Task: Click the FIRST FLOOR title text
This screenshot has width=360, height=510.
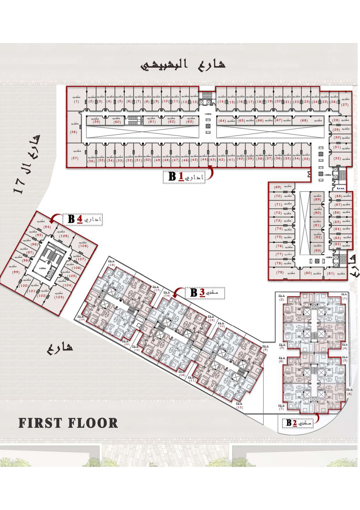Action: tap(68, 423)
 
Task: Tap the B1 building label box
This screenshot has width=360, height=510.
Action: tap(184, 177)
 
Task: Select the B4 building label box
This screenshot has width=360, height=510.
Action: tap(82, 219)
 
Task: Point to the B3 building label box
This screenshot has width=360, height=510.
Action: tap(206, 293)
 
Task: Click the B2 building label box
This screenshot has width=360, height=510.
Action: tap(298, 423)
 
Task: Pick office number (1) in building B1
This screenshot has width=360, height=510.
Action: tap(76, 102)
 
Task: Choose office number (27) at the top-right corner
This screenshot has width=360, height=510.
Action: tap(345, 105)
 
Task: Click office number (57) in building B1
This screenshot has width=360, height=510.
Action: tap(75, 158)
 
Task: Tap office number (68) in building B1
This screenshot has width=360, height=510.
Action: tap(304, 120)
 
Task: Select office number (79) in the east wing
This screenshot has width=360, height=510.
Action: tap(280, 273)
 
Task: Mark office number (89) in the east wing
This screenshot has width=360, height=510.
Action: tap(317, 199)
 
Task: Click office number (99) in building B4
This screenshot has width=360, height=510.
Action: tap(16, 272)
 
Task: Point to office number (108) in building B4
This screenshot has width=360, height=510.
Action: tap(83, 246)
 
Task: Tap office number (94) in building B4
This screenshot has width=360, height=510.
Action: tap(47, 227)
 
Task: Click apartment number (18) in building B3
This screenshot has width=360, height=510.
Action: tap(112, 265)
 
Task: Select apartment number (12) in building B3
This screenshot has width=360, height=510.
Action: tap(240, 407)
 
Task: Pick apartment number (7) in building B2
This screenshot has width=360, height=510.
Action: tap(281, 409)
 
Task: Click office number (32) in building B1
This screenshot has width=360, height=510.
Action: tap(337, 158)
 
